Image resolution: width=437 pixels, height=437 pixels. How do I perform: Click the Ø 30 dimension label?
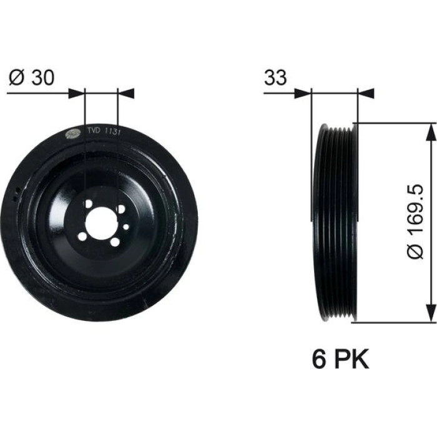(31, 77)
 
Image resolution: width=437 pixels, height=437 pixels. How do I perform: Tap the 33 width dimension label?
(275, 77)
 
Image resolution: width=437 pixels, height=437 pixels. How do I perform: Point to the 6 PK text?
(340, 359)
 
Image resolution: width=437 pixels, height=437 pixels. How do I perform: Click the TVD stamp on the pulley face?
(94, 130)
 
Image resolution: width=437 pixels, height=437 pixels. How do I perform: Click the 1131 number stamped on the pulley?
(112, 132)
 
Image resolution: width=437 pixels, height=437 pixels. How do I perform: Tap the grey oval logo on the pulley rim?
(72, 134)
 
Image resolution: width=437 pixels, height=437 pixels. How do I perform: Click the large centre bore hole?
(101, 223)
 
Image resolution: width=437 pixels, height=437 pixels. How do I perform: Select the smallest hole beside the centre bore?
(126, 227)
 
